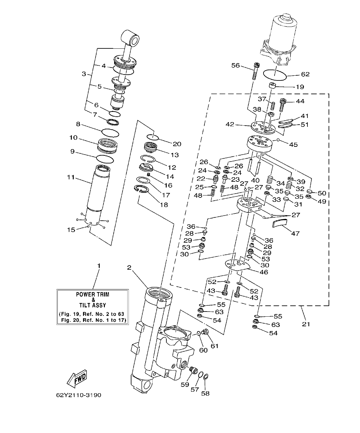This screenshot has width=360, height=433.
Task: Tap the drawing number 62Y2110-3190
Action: pyautogui.click(x=78, y=395)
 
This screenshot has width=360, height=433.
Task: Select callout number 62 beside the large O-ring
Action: pyautogui.click(x=305, y=74)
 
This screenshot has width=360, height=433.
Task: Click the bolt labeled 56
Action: pyautogui.click(x=255, y=71)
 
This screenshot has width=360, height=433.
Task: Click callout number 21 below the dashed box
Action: pyautogui.click(x=306, y=324)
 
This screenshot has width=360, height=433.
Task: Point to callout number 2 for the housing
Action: pyautogui.click(x=130, y=268)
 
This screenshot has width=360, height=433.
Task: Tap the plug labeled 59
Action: pyautogui.click(x=192, y=370)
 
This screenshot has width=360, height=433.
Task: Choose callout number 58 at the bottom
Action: pyautogui.click(x=205, y=393)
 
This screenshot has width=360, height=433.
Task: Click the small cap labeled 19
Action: pyautogui.click(x=273, y=86)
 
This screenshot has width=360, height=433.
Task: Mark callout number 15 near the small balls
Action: pyautogui.click(x=71, y=229)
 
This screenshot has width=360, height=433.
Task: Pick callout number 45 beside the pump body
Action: pyautogui.click(x=293, y=145)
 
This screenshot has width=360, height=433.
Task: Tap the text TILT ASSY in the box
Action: pyautogui.click(x=92, y=305)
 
